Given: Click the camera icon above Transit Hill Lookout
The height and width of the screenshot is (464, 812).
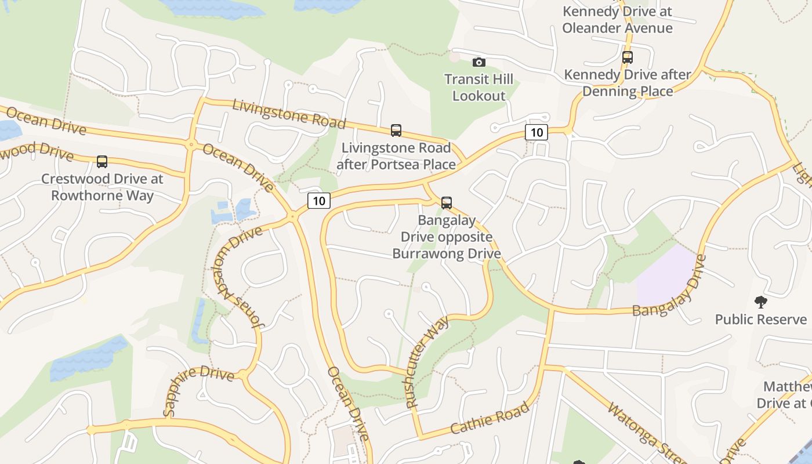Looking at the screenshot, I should (479, 62).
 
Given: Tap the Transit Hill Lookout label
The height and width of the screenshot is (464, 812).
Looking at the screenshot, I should (479, 88).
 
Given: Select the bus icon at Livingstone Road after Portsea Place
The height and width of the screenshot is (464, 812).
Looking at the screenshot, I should (396, 130).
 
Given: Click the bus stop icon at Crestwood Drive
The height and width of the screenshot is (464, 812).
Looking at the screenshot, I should (102, 162).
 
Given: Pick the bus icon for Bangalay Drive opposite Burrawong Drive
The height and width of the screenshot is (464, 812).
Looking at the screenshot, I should (447, 203).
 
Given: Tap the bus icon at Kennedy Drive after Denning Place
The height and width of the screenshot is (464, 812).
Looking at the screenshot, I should (627, 57).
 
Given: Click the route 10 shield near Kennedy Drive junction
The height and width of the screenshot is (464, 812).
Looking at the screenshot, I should (536, 132).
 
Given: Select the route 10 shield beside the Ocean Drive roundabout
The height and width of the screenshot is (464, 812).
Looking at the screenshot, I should (318, 201).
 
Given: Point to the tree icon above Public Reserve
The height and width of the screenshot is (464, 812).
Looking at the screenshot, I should (760, 302).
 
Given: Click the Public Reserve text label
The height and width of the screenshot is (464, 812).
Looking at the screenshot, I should (760, 320).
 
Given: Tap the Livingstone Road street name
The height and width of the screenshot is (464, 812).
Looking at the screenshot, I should (289, 114).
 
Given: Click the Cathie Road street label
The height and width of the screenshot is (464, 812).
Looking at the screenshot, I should (490, 418).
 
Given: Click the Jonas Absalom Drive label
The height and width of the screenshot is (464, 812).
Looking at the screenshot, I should (238, 279).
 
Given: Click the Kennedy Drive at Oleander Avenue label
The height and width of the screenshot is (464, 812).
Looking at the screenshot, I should (617, 20).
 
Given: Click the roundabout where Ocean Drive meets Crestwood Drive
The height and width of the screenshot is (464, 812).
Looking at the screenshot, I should (190, 145).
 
